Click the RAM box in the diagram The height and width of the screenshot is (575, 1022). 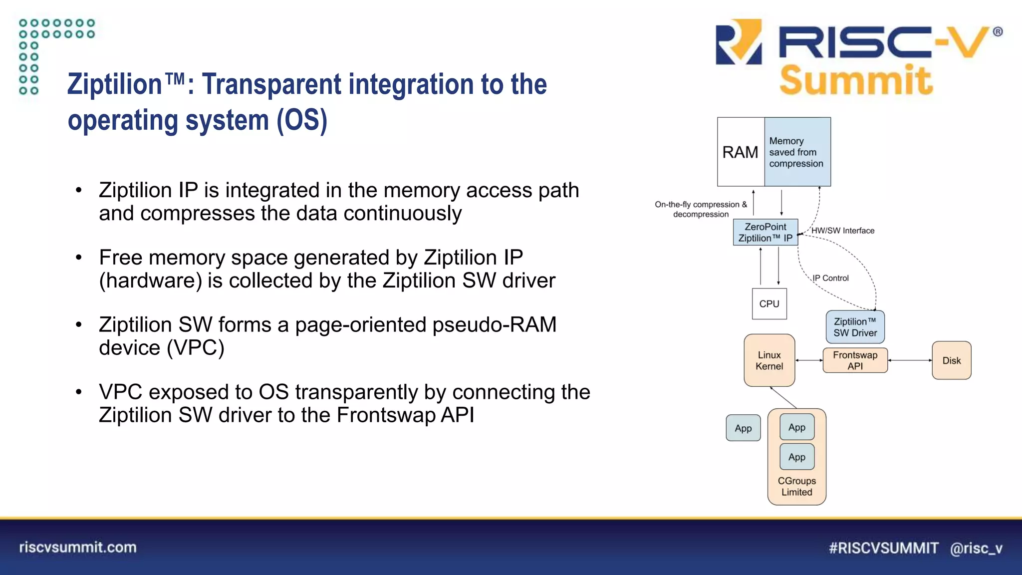741,152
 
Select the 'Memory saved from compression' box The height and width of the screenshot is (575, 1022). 797,152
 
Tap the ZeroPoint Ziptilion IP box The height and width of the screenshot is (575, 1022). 765,233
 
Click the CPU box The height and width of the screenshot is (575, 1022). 769,304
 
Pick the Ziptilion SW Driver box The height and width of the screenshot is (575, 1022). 855,327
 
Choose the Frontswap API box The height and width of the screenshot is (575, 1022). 855,360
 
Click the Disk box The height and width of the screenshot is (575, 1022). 951,360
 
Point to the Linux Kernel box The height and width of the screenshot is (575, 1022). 769,360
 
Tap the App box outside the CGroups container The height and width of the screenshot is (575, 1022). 743,428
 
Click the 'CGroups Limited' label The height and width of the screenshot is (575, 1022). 796,486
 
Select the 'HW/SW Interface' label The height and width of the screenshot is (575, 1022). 842,231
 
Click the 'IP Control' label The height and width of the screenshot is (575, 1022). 830,278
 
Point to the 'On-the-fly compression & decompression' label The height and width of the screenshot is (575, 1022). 701,209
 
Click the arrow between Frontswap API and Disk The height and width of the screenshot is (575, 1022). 910,360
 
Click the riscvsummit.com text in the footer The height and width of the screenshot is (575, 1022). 78,548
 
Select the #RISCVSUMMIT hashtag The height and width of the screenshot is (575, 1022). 883,548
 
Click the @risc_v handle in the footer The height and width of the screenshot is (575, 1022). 976,548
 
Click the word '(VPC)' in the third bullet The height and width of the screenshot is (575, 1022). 196,348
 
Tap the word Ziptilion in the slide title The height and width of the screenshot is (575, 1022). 115,84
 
